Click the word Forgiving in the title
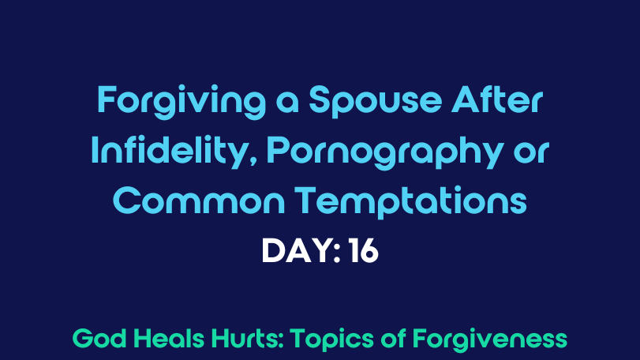[182, 102]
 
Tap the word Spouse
[375, 102]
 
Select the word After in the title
[496, 99]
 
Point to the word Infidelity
[169, 152]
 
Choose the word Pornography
[384, 152]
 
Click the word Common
[199, 201]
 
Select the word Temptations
[410, 201]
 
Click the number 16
[364, 250]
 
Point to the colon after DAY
[337, 253]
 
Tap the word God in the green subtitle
[99, 339]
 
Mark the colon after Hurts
[281, 341]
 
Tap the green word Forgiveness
[490, 339]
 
